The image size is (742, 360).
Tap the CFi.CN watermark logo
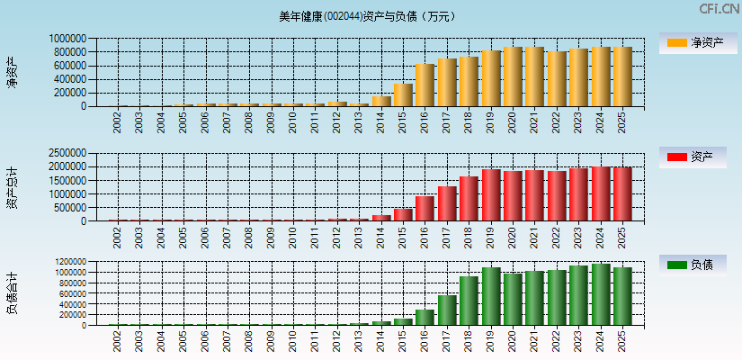point(720,9)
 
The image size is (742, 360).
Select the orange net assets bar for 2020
point(513,76)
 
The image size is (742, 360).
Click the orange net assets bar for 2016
point(425,85)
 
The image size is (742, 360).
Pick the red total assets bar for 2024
point(601,193)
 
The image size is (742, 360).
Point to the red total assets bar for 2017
point(447,203)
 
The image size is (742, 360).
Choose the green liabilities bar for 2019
point(491,296)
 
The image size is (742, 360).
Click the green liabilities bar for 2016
point(425,318)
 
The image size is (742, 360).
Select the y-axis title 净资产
point(13,72)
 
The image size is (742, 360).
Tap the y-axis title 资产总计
point(13,187)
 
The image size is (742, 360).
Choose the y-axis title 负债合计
point(13,293)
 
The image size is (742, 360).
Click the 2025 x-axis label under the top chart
point(622,122)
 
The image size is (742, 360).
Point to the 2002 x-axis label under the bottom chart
point(117,341)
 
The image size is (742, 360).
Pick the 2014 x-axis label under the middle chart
point(380,238)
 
